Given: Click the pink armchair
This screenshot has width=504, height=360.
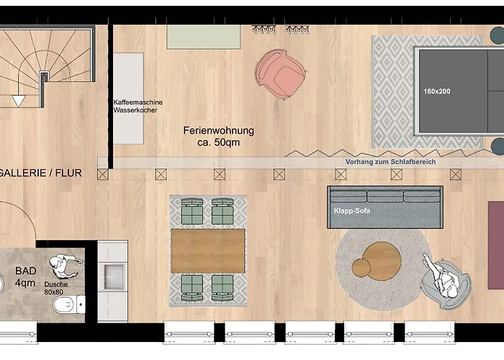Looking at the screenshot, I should click(x=279, y=73).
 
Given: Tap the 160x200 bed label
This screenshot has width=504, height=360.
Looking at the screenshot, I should click(x=437, y=91).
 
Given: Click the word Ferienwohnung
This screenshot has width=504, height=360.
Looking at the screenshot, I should click(x=218, y=131).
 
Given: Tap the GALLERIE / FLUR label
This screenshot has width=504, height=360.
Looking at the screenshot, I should click(x=40, y=173).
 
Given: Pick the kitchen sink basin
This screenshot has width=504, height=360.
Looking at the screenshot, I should click(x=114, y=274).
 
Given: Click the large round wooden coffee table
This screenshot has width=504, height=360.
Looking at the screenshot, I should click(x=382, y=261).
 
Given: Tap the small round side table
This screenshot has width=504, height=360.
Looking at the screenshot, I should click(x=361, y=268).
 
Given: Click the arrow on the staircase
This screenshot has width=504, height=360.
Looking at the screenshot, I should click(x=18, y=101).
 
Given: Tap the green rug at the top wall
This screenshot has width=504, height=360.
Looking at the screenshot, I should click(x=204, y=37).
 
